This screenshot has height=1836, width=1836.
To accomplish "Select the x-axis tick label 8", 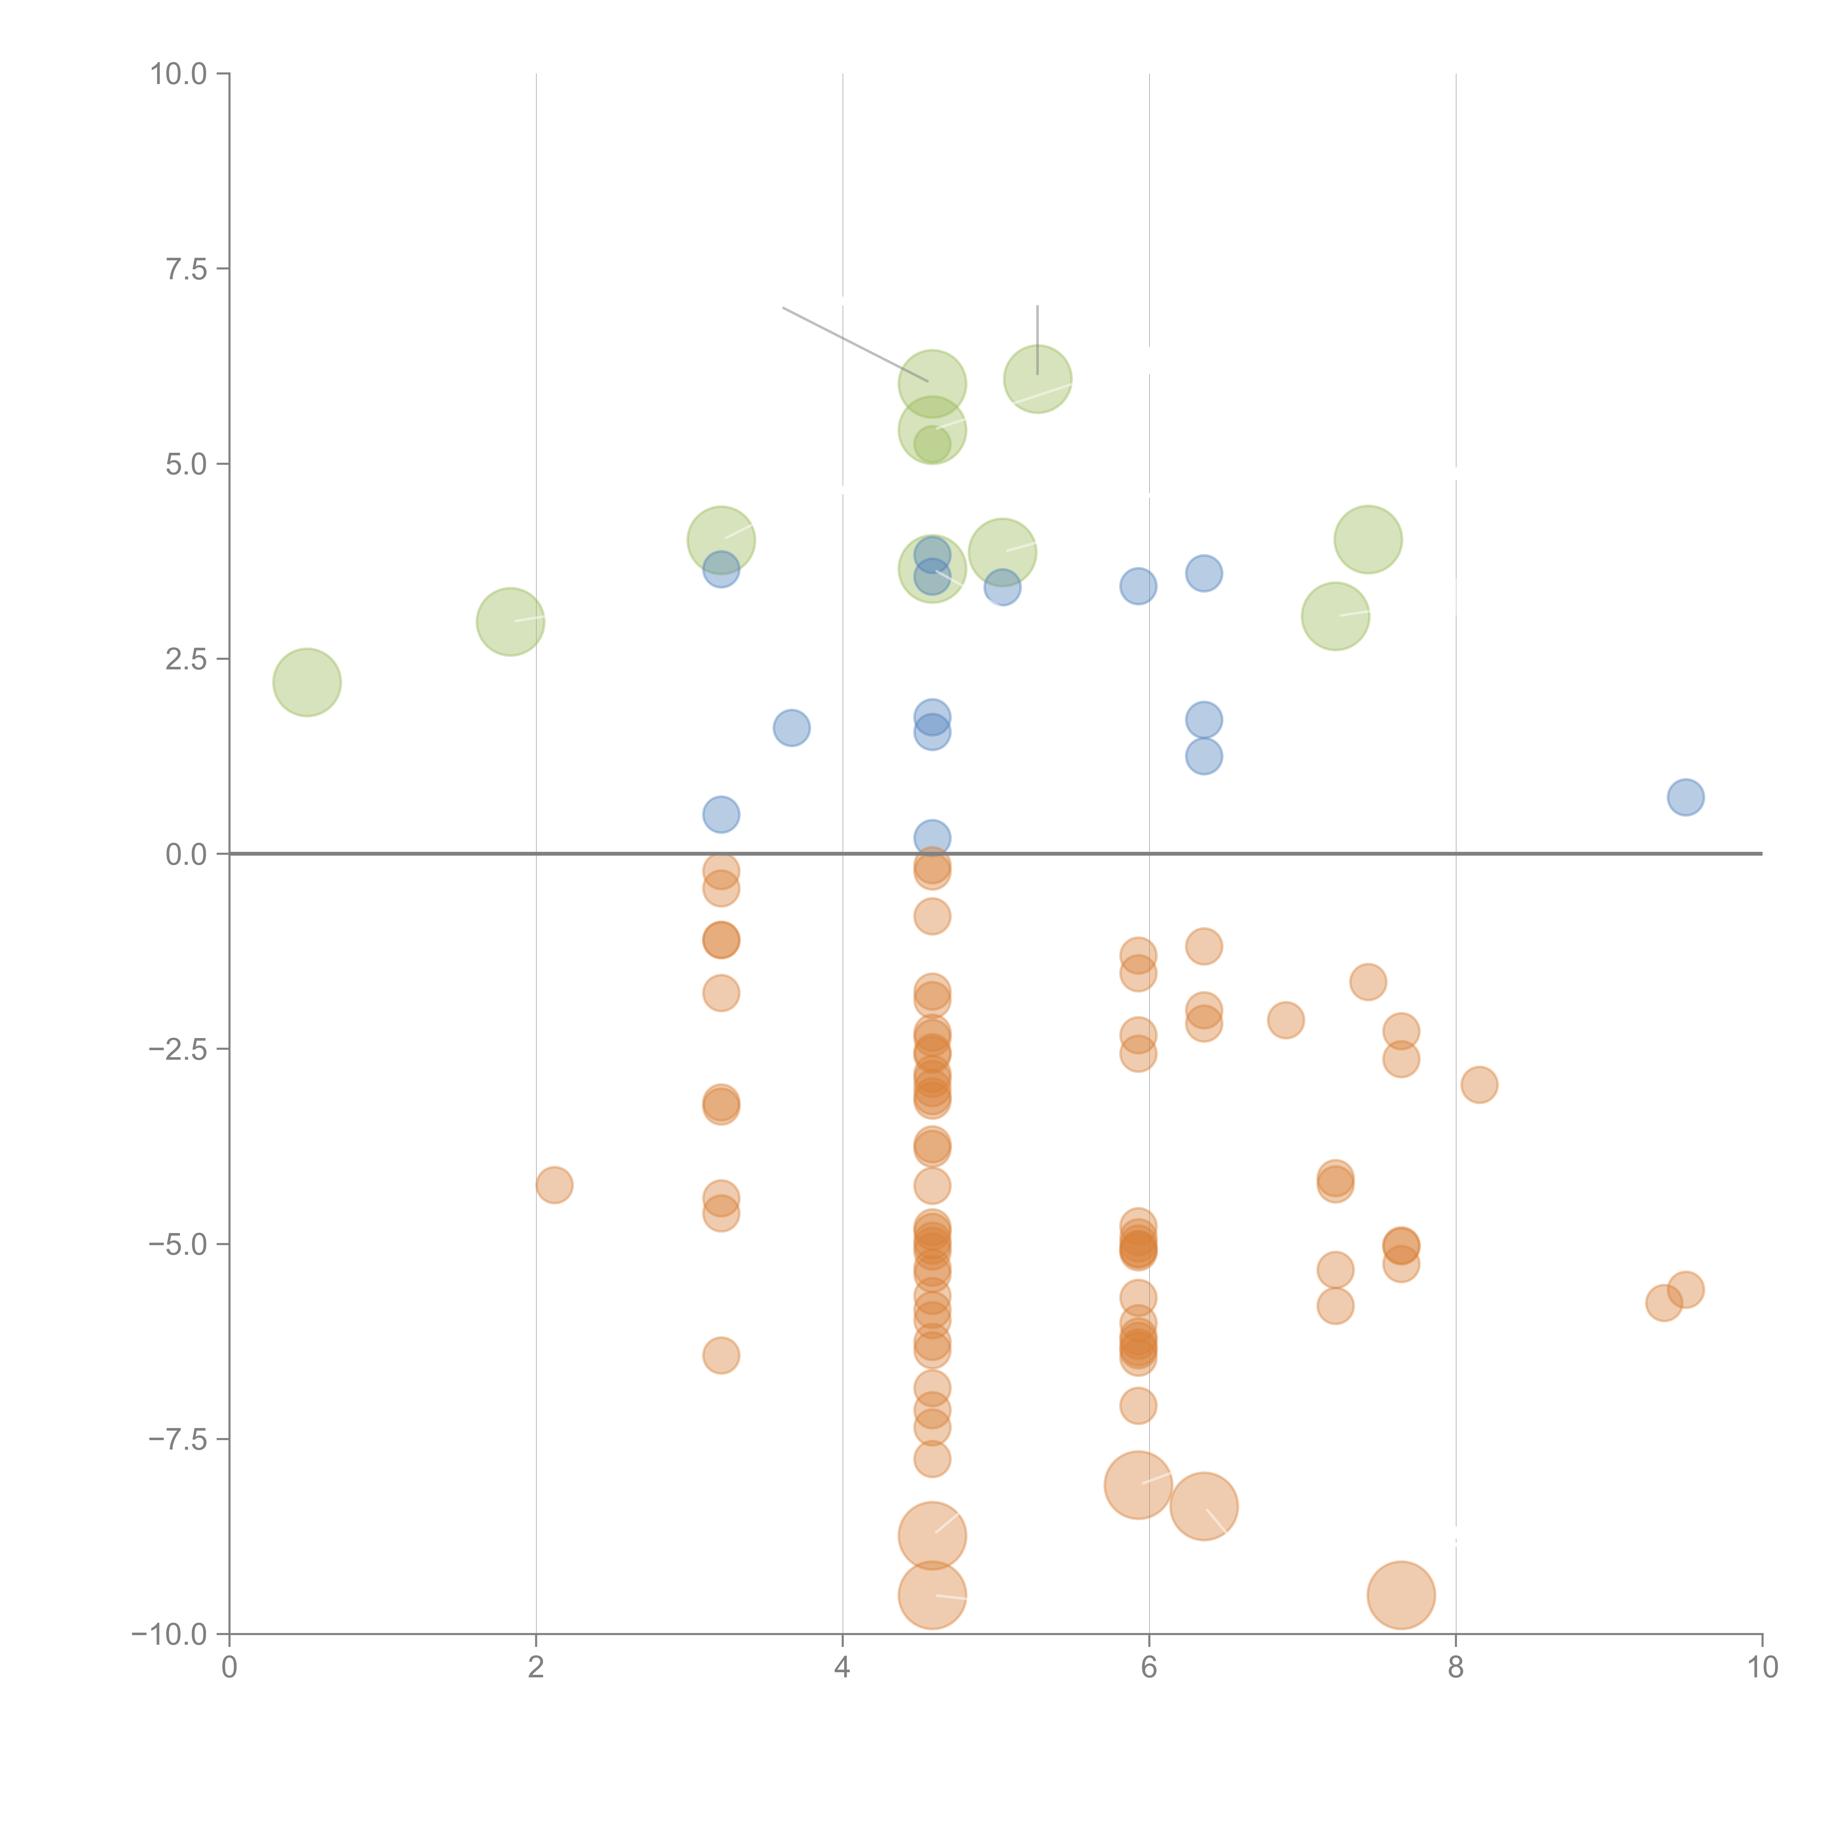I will [x=1455, y=1668].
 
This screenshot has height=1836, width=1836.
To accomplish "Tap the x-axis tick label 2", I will [x=536, y=1668].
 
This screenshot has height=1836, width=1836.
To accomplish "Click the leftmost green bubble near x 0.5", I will [x=307, y=682].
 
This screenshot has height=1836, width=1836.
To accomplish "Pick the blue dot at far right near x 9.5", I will [x=1685, y=797].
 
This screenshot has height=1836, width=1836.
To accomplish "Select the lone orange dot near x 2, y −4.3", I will [x=554, y=1185].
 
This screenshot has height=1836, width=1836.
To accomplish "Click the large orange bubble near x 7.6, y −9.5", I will [x=1401, y=1595].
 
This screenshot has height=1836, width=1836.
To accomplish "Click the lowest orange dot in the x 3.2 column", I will [x=721, y=1355].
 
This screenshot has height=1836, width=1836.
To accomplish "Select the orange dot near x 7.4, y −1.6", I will [x=1367, y=982].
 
